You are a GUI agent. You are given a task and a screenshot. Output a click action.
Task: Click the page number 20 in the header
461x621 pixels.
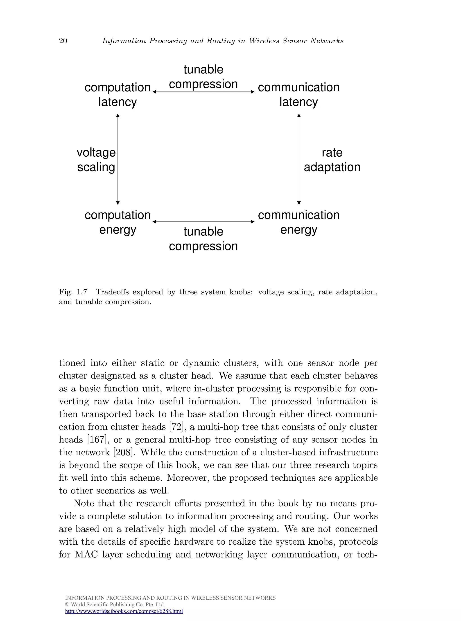(63, 41)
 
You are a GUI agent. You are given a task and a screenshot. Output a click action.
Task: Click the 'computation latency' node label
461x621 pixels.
(118, 95)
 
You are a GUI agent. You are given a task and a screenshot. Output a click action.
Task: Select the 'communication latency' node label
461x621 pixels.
(298, 95)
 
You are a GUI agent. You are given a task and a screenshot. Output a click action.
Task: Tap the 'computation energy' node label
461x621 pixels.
(118, 222)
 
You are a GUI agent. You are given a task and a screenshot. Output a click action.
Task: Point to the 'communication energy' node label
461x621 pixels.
(298, 222)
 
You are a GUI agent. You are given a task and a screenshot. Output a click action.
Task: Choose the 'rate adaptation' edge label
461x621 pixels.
(332, 160)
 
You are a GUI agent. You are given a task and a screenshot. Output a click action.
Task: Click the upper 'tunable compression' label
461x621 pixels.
(203, 77)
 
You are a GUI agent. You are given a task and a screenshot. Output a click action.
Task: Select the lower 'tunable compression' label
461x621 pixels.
(203, 239)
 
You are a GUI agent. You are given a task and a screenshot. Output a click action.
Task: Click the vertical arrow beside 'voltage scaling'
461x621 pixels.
(118, 159)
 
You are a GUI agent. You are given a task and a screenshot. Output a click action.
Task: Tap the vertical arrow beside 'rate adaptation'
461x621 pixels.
(299, 159)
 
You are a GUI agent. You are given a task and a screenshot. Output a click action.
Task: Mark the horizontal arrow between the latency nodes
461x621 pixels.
(204, 92)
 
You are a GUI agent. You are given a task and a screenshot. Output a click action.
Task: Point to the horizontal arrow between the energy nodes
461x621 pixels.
(204, 222)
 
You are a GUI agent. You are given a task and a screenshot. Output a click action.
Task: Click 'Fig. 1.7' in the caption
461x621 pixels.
(73, 292)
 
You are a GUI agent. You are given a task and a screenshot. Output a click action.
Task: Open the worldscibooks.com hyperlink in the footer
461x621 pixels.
(124, 611)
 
